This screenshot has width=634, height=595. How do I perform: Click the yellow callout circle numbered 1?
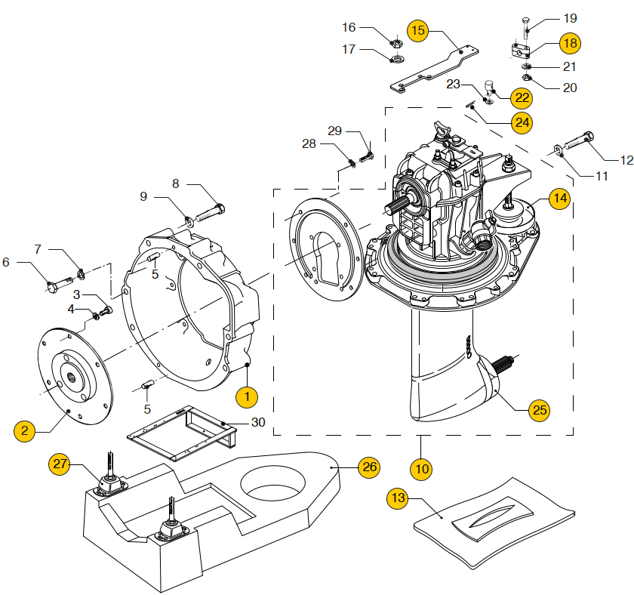coord(247,395)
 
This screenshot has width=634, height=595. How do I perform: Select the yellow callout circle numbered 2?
coord(25,430)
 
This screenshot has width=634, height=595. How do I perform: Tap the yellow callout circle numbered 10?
coord(423,468)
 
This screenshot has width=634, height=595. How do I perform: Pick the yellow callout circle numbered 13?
coord(398,498)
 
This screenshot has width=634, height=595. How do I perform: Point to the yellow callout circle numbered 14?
coord(559,199)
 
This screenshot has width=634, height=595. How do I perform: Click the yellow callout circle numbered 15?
coord(418,31)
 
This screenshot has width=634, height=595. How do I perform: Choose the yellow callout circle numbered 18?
coord(570,43)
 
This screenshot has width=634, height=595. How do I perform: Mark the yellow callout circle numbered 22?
coord(521,97)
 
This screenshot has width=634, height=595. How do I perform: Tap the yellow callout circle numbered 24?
coord(522,121)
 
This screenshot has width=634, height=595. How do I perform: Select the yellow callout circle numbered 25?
coord(539,411)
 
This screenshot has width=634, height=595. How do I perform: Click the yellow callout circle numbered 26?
coord(368,467)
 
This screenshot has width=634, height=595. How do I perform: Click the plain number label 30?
coord(258,423)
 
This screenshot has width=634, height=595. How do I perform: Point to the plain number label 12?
coord(626,160)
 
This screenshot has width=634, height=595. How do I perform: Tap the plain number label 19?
coord(570,17)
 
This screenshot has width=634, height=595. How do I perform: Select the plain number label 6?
coord(6,262)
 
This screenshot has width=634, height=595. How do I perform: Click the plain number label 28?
coord(309,143)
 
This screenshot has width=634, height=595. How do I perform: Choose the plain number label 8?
coord(175,183)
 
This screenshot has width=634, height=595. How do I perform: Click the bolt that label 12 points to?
coord(579,140)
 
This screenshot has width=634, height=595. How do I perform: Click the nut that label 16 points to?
coord(395,42)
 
